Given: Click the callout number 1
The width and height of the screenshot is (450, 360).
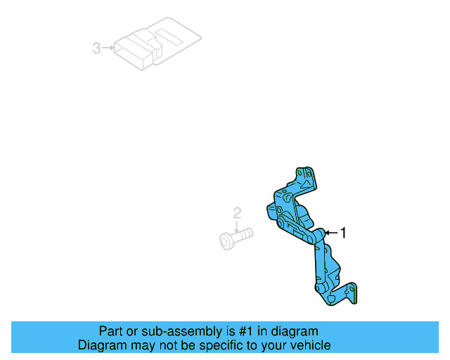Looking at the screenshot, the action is pos(343,233).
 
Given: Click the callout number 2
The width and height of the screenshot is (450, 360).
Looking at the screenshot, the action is pos(238,213).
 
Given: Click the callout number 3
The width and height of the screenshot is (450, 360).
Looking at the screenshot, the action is pos(96,49).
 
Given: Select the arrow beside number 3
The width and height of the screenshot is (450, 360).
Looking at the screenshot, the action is pos(107,49).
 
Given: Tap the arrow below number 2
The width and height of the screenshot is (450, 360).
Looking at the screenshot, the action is pos(238,225).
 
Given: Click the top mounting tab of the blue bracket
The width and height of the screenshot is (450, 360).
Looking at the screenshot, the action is pos(304,176).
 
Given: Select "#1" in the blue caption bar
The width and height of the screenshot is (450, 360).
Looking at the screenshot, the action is pos(222,331).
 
